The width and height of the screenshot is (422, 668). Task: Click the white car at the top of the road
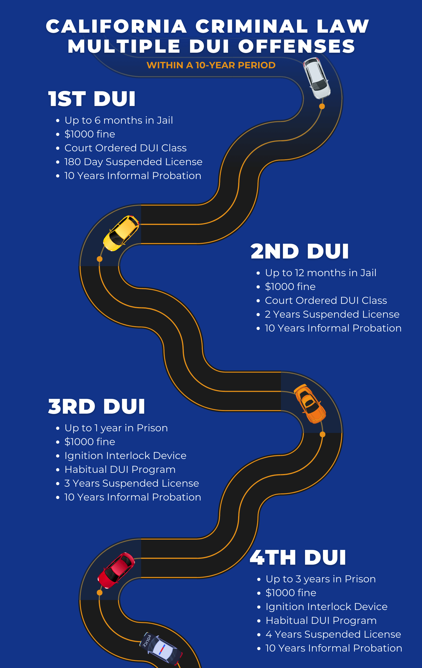click(x=317, y=78)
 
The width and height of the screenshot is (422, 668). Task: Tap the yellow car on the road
click(x=121, y=233)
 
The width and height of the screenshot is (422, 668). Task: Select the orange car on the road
click(x=310, y=404)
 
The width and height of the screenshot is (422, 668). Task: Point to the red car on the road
click(x=116, y=570)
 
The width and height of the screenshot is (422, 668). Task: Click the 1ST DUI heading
click(x=92, y=99)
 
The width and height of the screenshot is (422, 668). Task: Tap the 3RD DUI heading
click(x=96, y=406)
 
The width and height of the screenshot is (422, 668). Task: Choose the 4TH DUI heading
click(x=298, y=557)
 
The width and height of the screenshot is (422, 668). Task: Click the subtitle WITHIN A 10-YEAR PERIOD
click(x=211, y=65)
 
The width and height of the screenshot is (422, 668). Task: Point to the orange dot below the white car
click(x=322, y=106)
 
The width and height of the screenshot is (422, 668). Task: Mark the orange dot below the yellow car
click(x=100, y=259)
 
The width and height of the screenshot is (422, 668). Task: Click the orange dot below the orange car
click(x=323, y=434)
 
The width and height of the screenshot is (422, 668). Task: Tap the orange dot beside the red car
click(x=100, y=592)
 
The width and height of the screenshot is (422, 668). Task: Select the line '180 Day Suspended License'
click(x=133, y=162)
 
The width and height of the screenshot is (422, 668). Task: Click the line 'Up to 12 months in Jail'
click(x=321, y=273)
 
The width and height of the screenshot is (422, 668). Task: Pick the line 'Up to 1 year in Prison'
click(x=116, y=428)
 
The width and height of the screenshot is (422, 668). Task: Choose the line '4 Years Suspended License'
click(x=333, y=634)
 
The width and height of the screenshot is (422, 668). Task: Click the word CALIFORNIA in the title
click(x=116, y=26)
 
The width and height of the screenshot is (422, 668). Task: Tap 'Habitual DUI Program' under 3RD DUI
click(x=120, y=470)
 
